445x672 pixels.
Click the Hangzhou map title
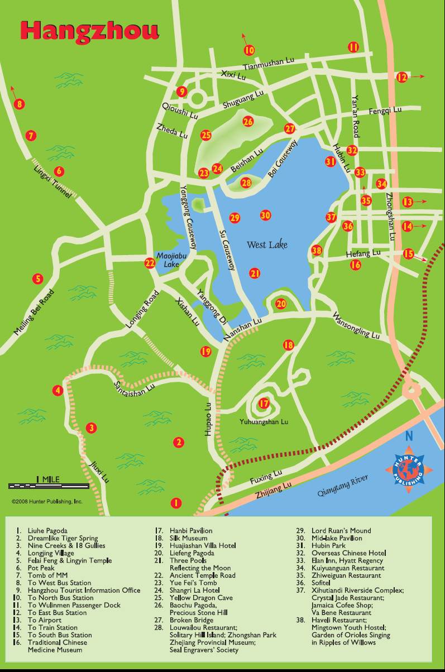click(89, 31)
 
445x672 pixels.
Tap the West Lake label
click(267, 244)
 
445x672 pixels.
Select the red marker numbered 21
click(255, 273)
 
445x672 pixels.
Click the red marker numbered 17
click(264, 403)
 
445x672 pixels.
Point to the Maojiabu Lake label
click(167, 260)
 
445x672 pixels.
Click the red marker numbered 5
click(38, 279)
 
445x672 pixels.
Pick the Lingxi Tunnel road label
click(52, 182)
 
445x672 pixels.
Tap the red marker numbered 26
click(248, 121)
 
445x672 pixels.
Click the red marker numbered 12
click(402, 78)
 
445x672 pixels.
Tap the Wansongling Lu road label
click(356, 327)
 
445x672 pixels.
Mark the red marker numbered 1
click(176, 503)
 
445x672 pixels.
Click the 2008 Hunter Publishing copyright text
click(47, 502)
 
